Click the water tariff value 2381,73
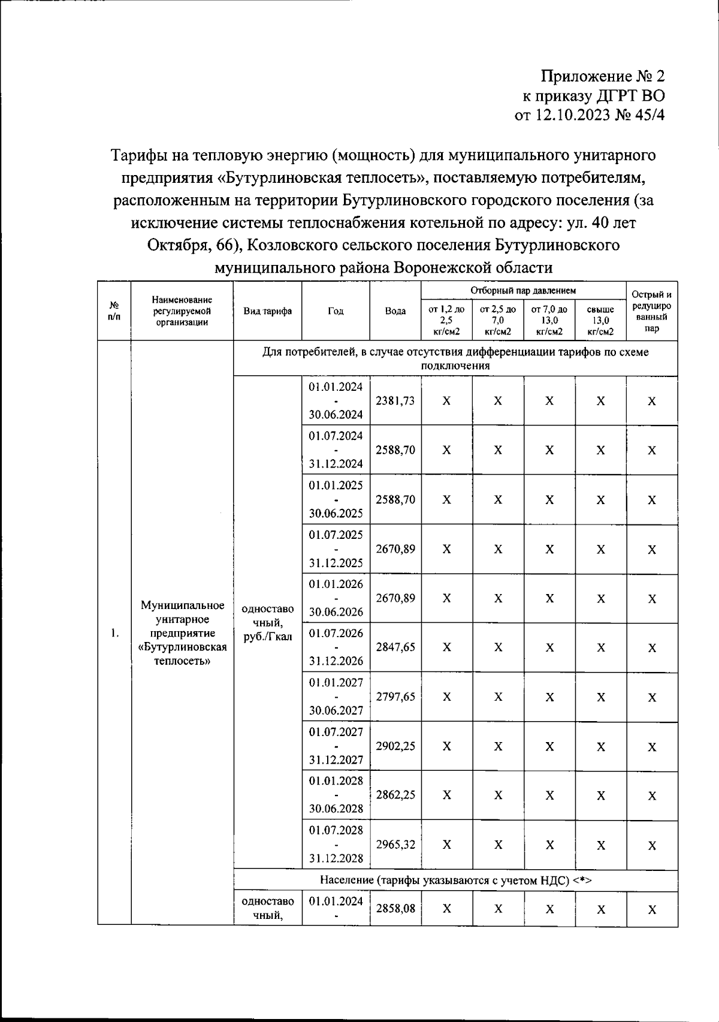point(395,401)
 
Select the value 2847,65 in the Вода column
point(395,647)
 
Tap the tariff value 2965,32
point(395,845)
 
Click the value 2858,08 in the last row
point(395,909)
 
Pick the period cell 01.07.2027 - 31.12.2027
point(336,746)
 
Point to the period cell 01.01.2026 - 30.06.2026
point(336,598)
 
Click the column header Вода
point(395,311)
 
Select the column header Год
point(336,311)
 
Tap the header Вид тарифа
point(267,311)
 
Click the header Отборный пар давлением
point(523,291)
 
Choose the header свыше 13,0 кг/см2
point(600,320)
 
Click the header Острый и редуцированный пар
point(652,311)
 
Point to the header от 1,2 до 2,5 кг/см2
point(446,320)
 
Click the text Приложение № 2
point(603,76)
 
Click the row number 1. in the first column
point(114,634)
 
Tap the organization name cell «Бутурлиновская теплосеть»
point(182,634)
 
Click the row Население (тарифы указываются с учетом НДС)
point(455,880)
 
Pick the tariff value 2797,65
point(395,697)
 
